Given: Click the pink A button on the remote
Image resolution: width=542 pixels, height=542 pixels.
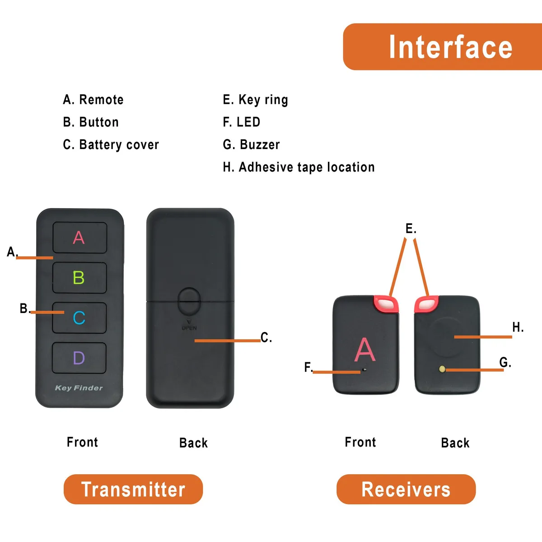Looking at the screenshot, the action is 80,238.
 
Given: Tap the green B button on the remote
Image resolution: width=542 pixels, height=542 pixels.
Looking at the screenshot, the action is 79,278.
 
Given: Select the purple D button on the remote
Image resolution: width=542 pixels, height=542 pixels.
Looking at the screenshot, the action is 79,358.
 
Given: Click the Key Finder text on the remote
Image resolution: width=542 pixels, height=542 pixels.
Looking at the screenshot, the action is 79,388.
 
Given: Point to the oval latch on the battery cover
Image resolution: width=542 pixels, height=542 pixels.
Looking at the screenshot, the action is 189,301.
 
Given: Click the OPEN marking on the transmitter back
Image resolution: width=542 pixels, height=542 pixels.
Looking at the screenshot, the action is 189,328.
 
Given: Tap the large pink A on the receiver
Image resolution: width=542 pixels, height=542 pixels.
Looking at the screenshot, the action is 365,349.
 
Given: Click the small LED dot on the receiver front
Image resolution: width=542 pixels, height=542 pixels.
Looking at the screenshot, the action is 365,369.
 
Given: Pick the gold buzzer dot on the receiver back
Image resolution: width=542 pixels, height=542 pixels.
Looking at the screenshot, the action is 442,369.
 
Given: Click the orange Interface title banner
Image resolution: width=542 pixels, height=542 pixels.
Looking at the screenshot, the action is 443,47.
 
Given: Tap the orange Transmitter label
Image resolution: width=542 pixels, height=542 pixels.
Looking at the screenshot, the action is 133,489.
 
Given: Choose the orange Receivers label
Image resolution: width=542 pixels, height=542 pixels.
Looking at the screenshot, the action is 406,489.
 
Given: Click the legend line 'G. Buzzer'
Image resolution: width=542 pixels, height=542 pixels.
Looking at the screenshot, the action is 251,145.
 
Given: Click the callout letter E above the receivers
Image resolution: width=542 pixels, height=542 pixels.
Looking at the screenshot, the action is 411,229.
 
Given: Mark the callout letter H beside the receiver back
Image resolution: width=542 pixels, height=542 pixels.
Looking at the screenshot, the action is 518,327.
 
